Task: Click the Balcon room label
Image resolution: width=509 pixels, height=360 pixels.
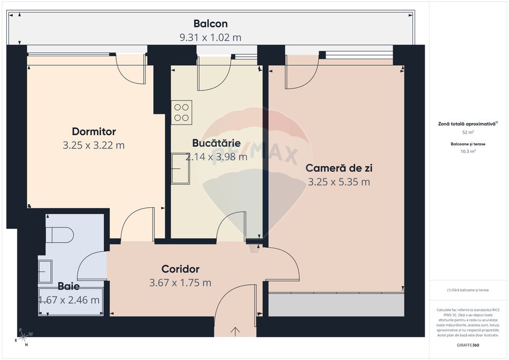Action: [x=210, y=24]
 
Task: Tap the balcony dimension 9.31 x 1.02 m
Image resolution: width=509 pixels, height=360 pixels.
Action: [x=210, y=38]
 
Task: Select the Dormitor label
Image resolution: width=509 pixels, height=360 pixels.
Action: [x=94, y=131]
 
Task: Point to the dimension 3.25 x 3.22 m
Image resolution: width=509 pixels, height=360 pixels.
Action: [x=94, y=145]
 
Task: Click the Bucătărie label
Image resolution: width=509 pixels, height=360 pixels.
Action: [x=216, y=143]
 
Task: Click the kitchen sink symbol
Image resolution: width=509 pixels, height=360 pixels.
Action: [x=180, y=169]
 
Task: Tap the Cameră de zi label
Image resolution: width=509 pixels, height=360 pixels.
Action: [x=339, y=168]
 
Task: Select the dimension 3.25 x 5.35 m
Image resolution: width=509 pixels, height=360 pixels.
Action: [x=339, y=182]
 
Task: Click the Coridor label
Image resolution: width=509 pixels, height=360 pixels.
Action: [x=180, y=269]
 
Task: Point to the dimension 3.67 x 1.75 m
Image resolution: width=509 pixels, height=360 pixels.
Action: [x=180, y=283]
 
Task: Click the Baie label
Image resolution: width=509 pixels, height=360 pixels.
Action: [x=69, y=286]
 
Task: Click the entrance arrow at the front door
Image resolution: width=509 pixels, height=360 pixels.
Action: [x=235, y=331]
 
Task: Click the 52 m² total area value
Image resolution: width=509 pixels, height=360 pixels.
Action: [x=468, y=132]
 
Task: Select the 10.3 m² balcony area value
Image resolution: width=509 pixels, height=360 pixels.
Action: [x=468, y=151]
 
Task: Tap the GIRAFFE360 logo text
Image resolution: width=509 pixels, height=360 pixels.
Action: [x=468, y=345]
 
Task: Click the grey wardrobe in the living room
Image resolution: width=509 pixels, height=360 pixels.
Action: [x=336, y=305]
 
